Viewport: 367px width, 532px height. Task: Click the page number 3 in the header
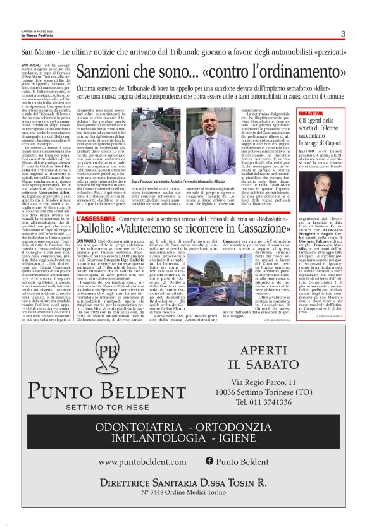(x=342, y=33)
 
